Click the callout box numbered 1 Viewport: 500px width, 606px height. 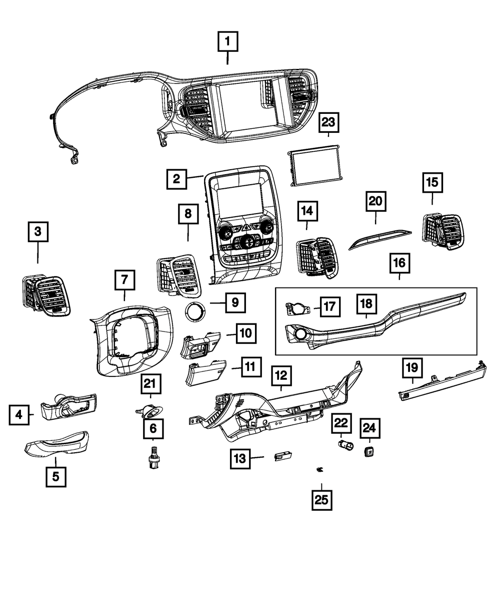pos(227,42)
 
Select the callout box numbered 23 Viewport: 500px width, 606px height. pos(329,122)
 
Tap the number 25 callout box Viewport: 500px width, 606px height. pos(322,499)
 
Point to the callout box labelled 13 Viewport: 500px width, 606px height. pos(240,458)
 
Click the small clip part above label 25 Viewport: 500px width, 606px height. pos(320,469)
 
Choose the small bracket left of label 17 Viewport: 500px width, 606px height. pos(297,308)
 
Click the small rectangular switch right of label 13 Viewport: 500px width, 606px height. pos(283,456)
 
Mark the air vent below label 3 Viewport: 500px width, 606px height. pos(46,296)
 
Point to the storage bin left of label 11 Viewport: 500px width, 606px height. pos(206,374)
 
